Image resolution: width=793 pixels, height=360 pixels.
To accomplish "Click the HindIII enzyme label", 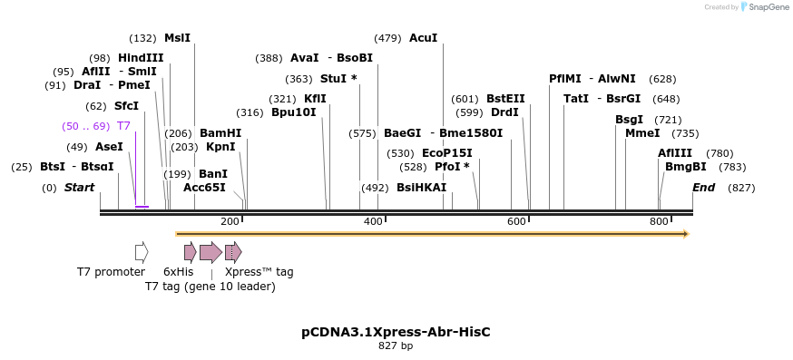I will [141, 57].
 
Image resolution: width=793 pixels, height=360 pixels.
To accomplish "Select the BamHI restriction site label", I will [220, 133].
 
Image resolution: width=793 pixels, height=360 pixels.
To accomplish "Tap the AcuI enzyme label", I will [424, 38].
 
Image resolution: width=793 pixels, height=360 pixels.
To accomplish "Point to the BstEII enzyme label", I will [505, 99].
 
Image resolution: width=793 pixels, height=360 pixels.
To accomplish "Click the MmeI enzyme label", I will [642, 133].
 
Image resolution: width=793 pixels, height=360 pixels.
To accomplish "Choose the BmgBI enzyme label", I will [685, 167].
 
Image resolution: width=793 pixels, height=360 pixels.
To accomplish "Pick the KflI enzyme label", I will [315, 99].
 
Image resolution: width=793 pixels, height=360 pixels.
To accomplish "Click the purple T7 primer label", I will [123, 126].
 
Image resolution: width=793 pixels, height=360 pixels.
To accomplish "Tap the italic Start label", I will [79, 188].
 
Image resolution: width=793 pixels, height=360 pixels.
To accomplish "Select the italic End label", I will [703, 188].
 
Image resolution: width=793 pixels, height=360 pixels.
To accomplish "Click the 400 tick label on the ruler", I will [373, 221].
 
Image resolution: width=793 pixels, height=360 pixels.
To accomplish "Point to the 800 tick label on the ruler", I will [659, 221].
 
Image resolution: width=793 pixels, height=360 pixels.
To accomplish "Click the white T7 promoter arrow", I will [141, 252].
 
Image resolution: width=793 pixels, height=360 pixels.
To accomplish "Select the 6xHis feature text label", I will [178, 271].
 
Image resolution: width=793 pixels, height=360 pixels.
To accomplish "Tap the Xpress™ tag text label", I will [259, 271].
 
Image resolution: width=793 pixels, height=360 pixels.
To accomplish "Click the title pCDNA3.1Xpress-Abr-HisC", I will [396, 332].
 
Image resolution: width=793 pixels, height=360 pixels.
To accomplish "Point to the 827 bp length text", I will [396, 345].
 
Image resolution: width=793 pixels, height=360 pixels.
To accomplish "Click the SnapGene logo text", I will [767, 7].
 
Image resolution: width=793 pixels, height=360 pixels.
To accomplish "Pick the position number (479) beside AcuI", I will [387, 38].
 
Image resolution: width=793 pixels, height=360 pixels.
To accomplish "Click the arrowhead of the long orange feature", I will [686, 234].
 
